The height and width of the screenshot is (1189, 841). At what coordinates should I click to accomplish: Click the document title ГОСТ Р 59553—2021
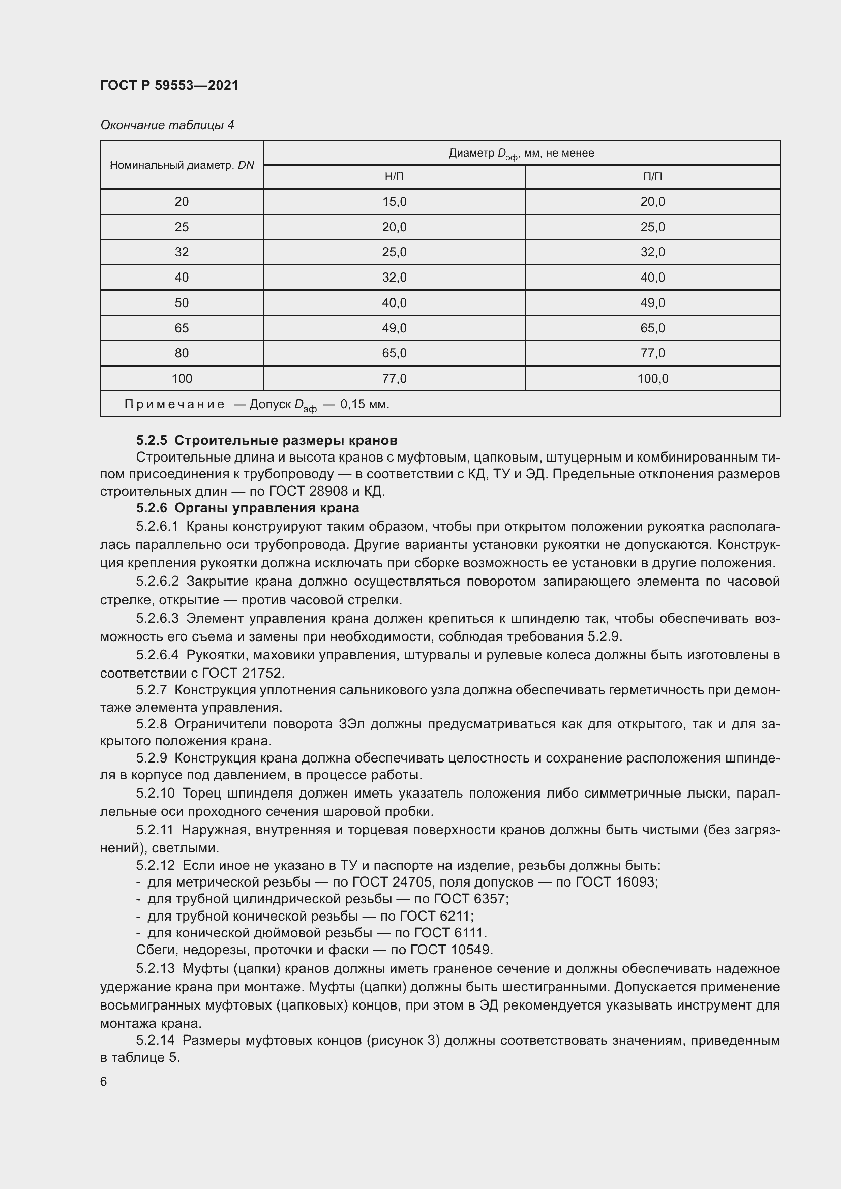point(169,85)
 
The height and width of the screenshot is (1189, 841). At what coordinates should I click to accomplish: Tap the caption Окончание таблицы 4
point(167,125)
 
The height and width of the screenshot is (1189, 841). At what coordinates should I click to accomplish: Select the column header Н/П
point(394,177)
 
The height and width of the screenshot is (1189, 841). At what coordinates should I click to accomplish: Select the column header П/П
point(652,177)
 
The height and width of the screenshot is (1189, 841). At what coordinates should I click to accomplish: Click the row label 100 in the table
point(182,379)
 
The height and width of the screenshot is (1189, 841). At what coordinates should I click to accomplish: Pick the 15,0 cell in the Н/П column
point(394,201)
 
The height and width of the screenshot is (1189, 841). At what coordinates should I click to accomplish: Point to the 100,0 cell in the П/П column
point(652,379)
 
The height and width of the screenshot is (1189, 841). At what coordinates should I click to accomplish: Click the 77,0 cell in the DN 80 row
point(652,353)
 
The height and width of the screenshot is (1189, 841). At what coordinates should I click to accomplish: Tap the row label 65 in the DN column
point(182,328)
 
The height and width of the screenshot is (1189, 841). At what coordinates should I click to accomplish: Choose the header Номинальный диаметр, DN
point(182,165)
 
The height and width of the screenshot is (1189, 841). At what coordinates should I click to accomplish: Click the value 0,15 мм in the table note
point(364,404)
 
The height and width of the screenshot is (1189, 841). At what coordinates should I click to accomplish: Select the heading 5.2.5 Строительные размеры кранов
point(267,440)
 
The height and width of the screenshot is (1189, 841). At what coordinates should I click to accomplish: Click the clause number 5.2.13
point(156,968)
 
